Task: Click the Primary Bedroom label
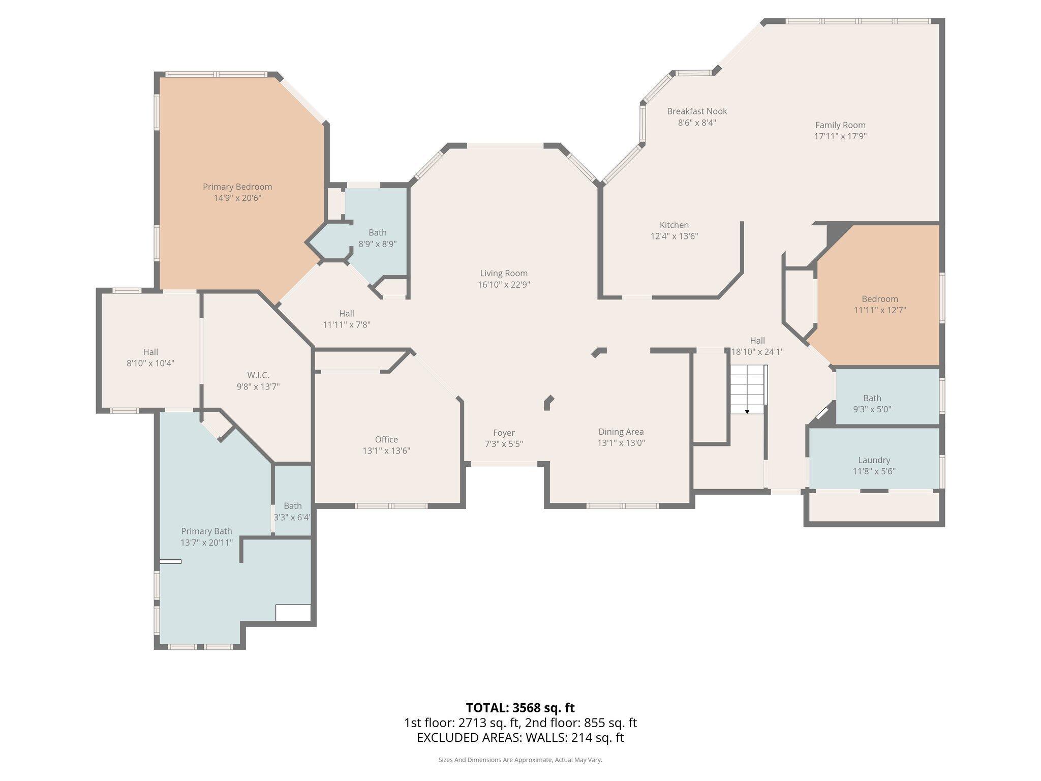[x=237, y=187]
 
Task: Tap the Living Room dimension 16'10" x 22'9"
[x=504, y=285]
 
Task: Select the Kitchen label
[x=674, y=225]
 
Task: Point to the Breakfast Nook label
[x=697, y=111]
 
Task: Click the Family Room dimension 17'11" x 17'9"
[x=840, y=136]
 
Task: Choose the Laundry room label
[x=874, y=460]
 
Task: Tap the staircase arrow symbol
[x=747, y=411]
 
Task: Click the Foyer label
[x=504, y=433]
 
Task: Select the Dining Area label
[x=621, y=432]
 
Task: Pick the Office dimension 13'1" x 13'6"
[x=386, y=451]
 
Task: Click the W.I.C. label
[x=258, y=375]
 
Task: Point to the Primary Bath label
[x=206, y=531]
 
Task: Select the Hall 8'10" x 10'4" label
[x=150, y=352]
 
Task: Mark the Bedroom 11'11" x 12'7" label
[x=879, y=299]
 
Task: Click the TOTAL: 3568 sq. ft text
[x=520, y=708]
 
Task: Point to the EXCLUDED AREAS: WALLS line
[x=520, y=737]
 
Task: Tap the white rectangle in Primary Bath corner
[x=293, y=613]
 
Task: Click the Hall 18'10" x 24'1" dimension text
[x=757, y=352]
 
